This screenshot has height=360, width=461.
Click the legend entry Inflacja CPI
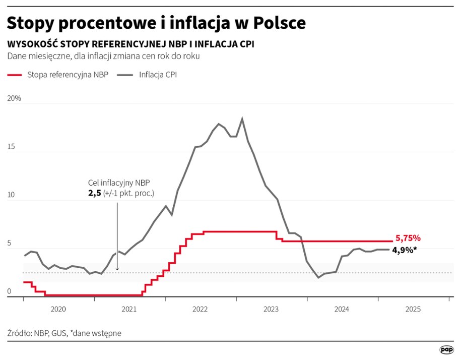coord(158,75)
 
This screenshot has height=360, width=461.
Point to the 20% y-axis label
coord(14,98)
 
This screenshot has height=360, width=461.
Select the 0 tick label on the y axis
coord(10,291)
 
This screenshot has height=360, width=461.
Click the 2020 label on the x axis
coord(58,308)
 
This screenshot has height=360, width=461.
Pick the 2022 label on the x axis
coord(201,308)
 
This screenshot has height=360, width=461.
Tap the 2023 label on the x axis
coord(272,308)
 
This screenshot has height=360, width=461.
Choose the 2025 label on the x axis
coord(413,308)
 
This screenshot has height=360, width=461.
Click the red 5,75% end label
coord(408,238)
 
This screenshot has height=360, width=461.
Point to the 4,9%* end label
coord(405,249)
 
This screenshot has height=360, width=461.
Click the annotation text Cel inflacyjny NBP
coord(119,183)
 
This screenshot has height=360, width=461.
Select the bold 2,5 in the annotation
coord(95,193)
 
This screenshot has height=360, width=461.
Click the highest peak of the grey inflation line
coord(242,118)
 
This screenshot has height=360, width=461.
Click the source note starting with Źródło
coord(64,333)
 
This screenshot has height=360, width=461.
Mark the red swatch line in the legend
coord(21,75)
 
